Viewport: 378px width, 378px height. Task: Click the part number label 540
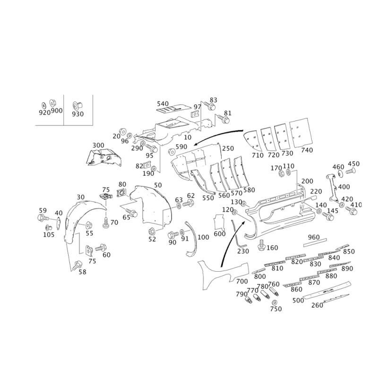[163, 104]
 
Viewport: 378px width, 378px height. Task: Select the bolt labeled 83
[210, 106]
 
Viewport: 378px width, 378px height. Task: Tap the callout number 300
[98, 146]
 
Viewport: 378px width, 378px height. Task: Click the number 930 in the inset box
[77, 114]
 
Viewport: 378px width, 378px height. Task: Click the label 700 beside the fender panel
[242, 281]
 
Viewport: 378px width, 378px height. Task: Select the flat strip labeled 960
[315, 242]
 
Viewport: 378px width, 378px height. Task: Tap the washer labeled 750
[275, 302]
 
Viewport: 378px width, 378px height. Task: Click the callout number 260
[317, 305]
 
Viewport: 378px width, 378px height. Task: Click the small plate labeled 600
[219, 222]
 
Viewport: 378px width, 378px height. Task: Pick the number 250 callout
[228, 148]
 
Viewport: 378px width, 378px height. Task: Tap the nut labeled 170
[281, 173]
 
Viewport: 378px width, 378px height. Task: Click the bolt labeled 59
[43, 218]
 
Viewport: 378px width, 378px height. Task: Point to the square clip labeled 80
[122, 193]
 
